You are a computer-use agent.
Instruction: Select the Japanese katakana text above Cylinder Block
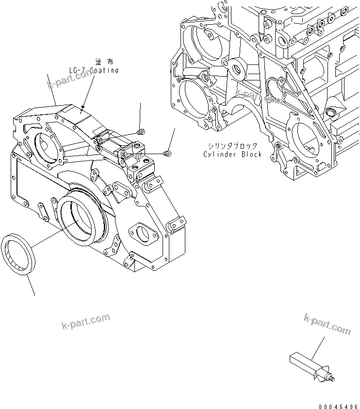pyautogui.click(x=232, y=145)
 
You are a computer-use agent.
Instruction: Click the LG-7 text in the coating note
pyautogui.click(x=77, y=71)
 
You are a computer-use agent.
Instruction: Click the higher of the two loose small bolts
pyautogui.click(x=140, y=131)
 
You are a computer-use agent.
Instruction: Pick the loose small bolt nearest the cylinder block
pyautogui.click(x=167, y=153)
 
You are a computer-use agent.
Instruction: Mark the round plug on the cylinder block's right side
pyautogui.click(x=332, y=113)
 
